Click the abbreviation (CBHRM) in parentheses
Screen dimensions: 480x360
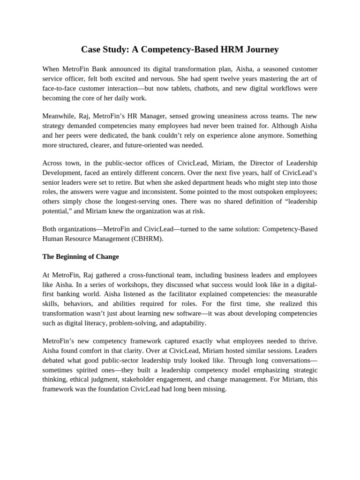pyautogui.click(x=148, y=238)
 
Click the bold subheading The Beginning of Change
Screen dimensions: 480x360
pyautogui.click(x=81, y=256)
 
